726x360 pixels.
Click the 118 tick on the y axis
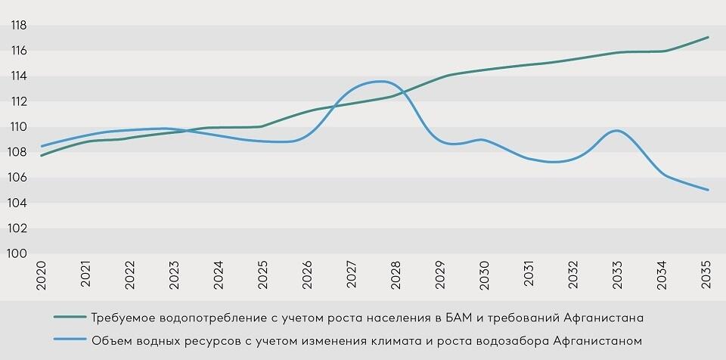[x=18, y=26]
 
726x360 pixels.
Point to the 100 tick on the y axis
[x=18, y=254]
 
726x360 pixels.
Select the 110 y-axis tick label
[x=18, y=127]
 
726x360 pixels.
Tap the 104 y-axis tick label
[x=18, y=203]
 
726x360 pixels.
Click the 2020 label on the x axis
[x=42, y=275]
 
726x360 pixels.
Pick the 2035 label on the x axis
[x=708, y=275]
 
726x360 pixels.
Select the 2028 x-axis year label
[x=397, y=275]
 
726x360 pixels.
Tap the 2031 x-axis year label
[x=530, y=275]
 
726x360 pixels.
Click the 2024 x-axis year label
[x=219, y=275]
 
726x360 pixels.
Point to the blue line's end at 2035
[x=708, y=190]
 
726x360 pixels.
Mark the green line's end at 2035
[x=708, y=37]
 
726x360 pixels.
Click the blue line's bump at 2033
[x=618, y=131]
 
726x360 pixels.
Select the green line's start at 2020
[x=42, y=155]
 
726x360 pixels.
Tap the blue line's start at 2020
[x=42, y=146]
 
